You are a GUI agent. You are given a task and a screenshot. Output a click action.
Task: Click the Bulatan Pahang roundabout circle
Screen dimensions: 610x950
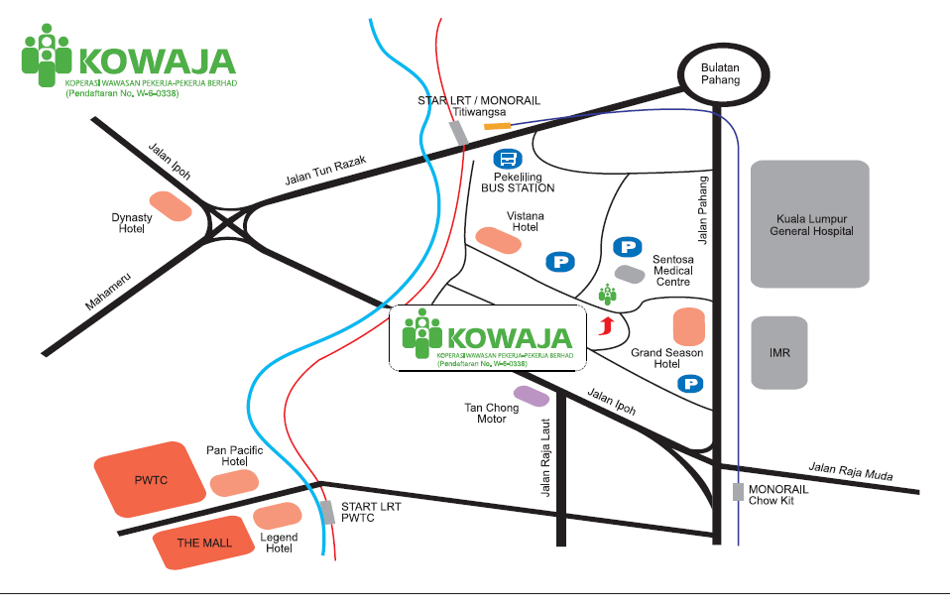coord(721,73)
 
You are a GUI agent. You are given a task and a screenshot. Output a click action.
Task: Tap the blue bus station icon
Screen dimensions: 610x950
coord(508,159)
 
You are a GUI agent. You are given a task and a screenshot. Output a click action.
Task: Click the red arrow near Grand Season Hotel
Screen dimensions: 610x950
coord(608,326)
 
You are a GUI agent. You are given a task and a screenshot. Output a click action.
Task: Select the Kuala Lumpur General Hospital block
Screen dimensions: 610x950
coord(810,225)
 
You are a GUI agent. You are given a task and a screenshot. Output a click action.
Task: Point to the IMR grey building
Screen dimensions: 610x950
coord(779,353)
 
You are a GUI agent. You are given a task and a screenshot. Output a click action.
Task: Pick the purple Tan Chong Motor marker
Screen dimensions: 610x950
coord(531,396)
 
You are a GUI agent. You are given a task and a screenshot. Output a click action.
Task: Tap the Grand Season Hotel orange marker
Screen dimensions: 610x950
coord(688,327)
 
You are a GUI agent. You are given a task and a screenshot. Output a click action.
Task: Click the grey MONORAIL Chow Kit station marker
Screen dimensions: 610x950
coord(737,491)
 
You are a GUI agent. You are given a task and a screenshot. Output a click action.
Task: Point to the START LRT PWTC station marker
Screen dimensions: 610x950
coord(327,513)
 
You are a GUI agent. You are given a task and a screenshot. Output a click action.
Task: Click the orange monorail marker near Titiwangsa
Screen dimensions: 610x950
coord(496,126)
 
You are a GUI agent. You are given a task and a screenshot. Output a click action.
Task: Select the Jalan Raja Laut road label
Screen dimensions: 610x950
coord(544,457)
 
